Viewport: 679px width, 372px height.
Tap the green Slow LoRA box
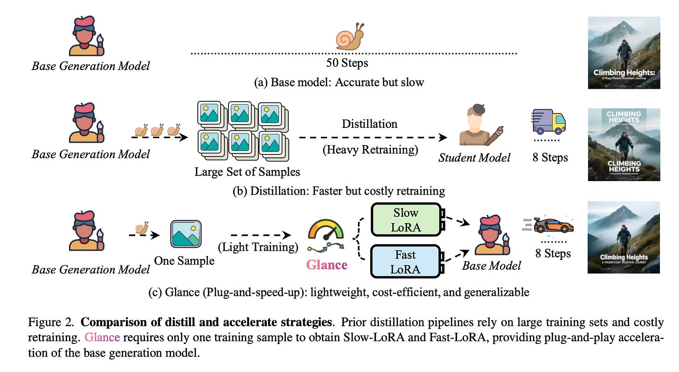click(x=406, y=219)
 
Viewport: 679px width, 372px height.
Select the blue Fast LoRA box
click(x=406, y=261)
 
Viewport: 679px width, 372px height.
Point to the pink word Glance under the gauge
click(x=326, y=265)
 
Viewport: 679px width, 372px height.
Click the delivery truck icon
click(x=549, y=122)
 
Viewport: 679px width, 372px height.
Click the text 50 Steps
click(x=347, y=63)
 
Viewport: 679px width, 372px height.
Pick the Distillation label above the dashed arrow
click(x=369, y=124)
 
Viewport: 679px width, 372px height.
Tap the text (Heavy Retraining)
click(x=370, y=150)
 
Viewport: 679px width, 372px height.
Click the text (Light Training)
click(x=258, y=247)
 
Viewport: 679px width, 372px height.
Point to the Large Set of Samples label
click(x=247, y=171)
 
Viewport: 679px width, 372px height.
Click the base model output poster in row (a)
click(x=624, y=52)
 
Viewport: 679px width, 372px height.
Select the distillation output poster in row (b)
click(x=624, y=145)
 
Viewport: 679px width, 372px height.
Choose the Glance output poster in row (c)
click(x=624, y=237)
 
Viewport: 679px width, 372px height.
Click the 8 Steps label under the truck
click(x=550, y=157)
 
